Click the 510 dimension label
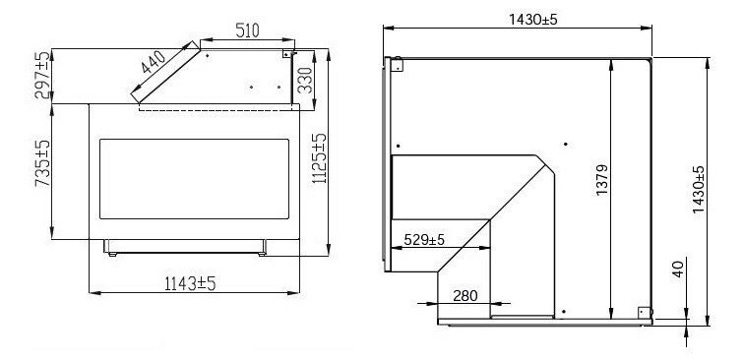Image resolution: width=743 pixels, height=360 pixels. pos(248,30)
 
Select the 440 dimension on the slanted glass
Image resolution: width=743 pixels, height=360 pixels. pos(154,62)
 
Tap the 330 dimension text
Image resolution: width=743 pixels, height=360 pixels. pos(305,80)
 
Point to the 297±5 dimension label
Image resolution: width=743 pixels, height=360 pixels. pos(41,75)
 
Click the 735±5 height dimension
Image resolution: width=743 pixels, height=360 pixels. pos(42,163)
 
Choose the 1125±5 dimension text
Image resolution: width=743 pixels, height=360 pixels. pos(320,158)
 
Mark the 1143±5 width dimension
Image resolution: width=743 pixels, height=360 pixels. pos(190,283)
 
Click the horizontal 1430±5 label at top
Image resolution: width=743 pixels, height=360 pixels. pos(532,20)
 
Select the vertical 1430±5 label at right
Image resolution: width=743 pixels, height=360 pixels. pos(698,190)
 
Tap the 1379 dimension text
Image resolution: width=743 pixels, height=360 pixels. pos(602,180)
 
